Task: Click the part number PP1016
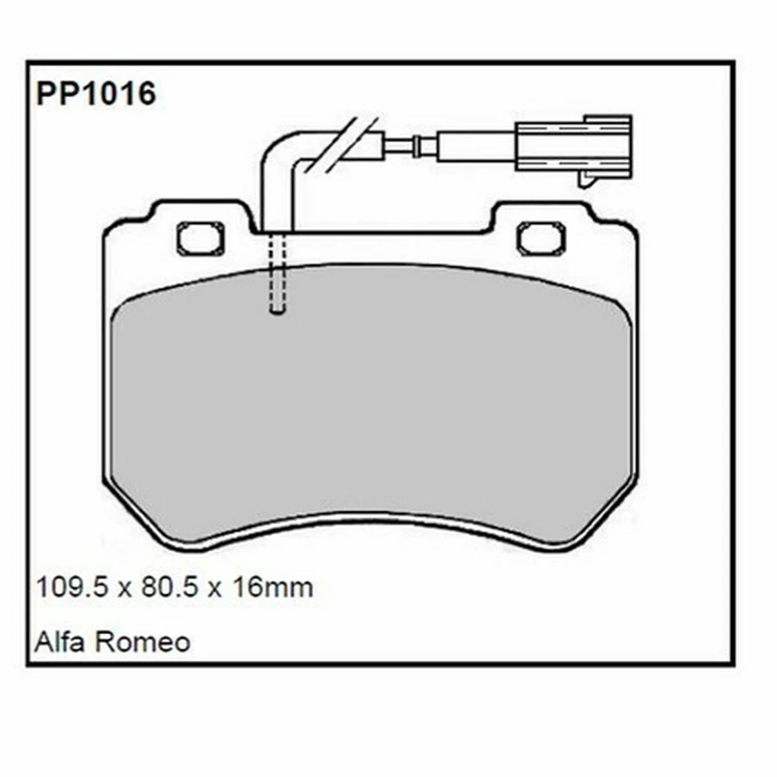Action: (96, 95)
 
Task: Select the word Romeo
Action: (143, 642)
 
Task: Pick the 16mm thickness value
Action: (272, 588)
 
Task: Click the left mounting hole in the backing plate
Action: (200, 238)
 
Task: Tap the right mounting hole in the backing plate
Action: (541, 238)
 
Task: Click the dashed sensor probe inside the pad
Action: (278, 272)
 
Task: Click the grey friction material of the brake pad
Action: (372, 408)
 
